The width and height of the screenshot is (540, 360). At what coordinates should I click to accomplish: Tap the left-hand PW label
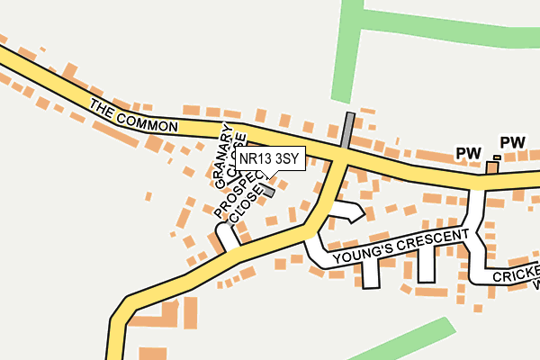tap(468, 154)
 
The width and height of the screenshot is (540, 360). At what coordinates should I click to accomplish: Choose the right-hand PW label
tap(512, 142)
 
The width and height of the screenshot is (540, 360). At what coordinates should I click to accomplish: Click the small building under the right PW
tap(492, 166)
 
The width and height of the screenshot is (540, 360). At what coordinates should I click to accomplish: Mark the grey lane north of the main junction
tap(347, 131)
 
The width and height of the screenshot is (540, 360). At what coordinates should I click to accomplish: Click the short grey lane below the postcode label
tap(267, 191)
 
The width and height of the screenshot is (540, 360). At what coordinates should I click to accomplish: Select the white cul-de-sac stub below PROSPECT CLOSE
tap(226, 236)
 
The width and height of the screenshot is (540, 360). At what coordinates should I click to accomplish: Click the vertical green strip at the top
tap(346, 54)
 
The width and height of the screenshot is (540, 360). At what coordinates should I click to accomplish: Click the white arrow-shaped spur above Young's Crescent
tap(347, 212)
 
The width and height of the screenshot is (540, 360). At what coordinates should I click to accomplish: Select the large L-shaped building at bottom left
tap(166, 315)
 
